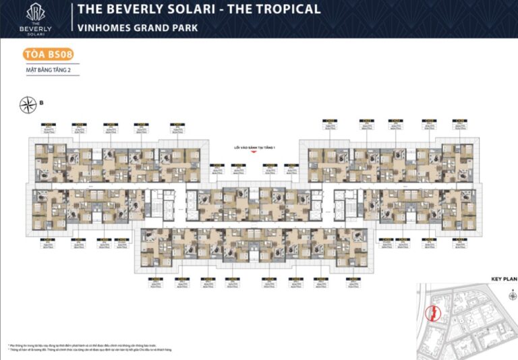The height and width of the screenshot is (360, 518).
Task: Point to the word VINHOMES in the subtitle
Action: tap(104, 28)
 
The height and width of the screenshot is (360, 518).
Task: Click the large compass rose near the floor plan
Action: tap(29, 104)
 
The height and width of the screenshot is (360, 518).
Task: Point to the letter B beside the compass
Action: tap(41, 103)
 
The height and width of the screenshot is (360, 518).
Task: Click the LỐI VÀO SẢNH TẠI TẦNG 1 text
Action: tap(253, 146)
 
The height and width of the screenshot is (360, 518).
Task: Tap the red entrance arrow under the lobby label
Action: tap(253, 152)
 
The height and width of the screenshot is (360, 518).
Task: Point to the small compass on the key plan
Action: tap(511, 295)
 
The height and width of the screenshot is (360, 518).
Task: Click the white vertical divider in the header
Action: tap(71, 18)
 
